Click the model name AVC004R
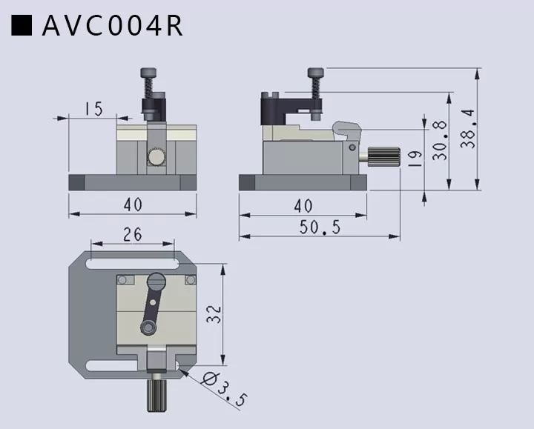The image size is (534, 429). tap(112, 25)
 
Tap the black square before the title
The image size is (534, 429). tap(22, 25)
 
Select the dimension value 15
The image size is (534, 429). tap(93, 109)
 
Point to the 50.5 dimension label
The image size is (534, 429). tap(320, 227)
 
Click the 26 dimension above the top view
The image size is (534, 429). tap(132, 234)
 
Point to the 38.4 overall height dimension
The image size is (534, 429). tap(467, 129)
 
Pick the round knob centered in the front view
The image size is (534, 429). tap(156, 157)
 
